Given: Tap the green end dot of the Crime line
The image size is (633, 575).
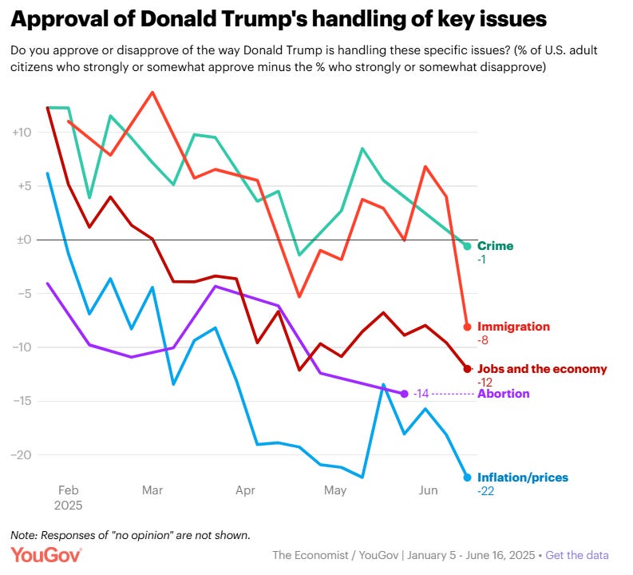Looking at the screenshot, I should coord(468,246).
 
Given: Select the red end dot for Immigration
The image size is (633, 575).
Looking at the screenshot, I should coord(468,327).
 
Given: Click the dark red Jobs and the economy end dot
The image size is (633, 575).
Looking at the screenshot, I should coord(468,368).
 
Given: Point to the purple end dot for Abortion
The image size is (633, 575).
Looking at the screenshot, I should coord(404,394).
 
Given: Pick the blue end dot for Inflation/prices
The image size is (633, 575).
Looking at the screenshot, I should coord(468,478).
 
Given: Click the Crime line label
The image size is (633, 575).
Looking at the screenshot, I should coord(495,246).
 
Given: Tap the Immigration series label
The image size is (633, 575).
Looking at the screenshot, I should coord(513,327).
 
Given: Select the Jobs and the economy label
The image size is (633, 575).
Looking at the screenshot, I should coord(542,369).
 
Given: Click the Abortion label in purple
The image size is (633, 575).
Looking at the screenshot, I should coord(503,394).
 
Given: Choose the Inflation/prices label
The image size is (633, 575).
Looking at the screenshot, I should coord(522,478).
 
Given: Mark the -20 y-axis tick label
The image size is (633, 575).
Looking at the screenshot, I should coord(20,454).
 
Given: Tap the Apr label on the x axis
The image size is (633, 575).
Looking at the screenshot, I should coord(245,490).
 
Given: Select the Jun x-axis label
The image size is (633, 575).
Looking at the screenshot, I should coord(428,490).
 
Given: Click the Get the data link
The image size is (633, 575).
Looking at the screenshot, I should coord(576,555).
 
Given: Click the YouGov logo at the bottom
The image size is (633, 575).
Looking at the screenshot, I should coord(45,555).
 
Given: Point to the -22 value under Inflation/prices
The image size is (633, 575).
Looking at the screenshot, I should coord(486,491).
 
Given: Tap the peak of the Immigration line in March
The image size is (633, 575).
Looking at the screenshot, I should coord(152,92).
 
